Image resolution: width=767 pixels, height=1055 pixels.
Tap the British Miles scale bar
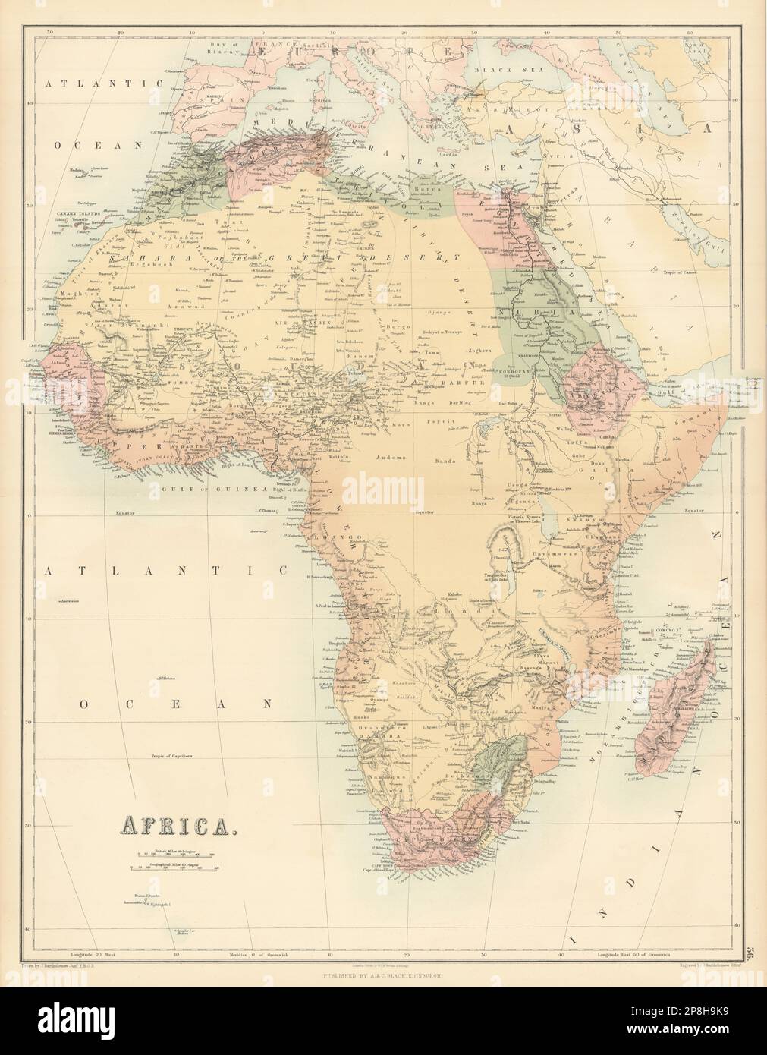(176, 855)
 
